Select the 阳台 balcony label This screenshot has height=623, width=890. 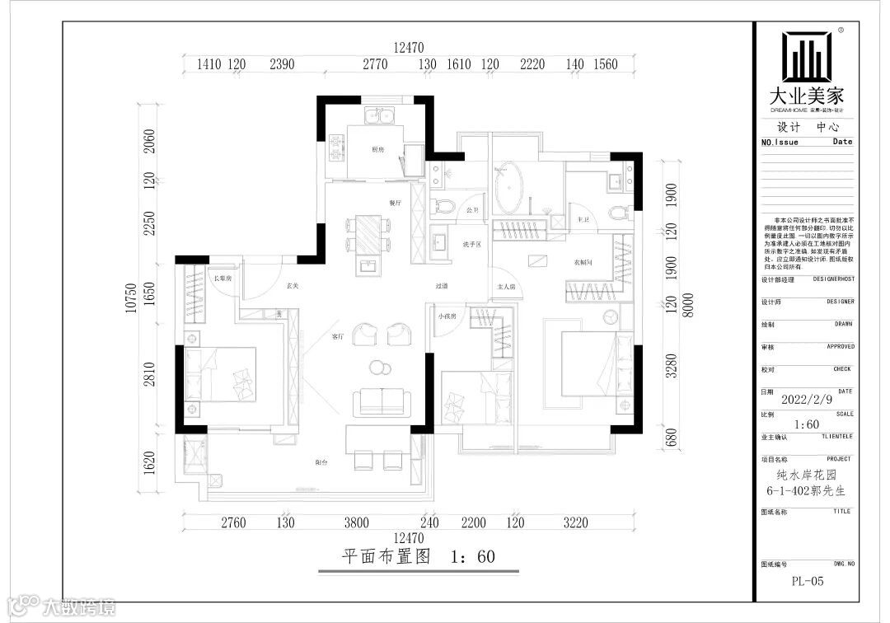pyautogui.click(x=321, y=463)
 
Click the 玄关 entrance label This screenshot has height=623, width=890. pyautogui.click(x=292, y=287)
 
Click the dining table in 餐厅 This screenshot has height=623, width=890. pyautogui.click(x=368, y=233)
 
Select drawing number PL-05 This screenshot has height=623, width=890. pyautogui.click(x=807, y=581)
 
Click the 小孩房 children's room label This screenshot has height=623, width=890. pyautogui.click(x=447, y=316)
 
